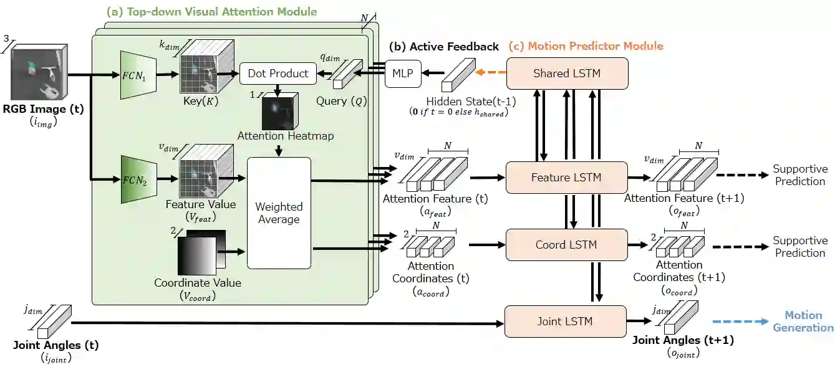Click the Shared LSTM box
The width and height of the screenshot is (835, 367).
[x=566, y=74]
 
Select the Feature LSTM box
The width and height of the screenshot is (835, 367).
[x=566, y=178]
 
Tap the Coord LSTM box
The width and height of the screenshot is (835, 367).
[x=566, y=245]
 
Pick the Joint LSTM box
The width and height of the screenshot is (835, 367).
[x=565, y=322]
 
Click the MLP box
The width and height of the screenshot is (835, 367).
[x=403, y=74]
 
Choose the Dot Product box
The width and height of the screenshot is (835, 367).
[x=278, y=74]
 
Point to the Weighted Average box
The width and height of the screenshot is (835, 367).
[x=279, y=212]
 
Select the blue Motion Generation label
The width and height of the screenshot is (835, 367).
[x=803, y=322]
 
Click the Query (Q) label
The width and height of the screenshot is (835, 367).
[x=340, y=100]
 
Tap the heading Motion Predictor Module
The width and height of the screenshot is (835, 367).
[x=586, y=46]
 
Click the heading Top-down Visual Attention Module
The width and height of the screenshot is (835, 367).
[x=211, y=12]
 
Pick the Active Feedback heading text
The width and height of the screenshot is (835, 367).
[x=443, y=47]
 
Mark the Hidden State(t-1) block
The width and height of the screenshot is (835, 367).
[x=458, y=76]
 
